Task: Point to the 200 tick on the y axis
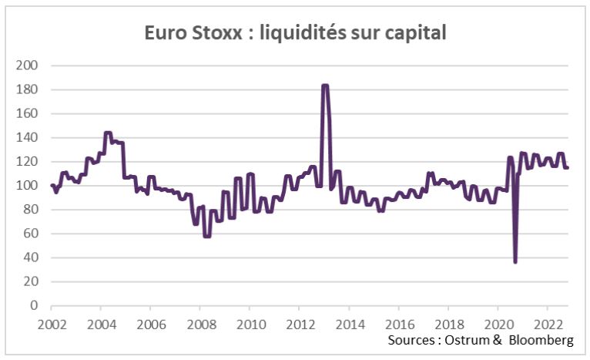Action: click(x=27, y=66)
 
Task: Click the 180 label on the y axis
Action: click(x=27, y=89)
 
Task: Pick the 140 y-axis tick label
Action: click(x=27, y=138)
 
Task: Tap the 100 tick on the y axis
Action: click(x=27, y=186)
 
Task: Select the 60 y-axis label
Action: click(x=30, y=234)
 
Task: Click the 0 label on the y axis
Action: click(x=33, y=306)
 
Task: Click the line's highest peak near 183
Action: click(x=325, y=86)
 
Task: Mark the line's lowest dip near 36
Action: click(x=515, y=262)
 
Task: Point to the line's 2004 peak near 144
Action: click(x=108, y=133)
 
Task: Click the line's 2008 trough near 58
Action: click(x=206, y=235)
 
